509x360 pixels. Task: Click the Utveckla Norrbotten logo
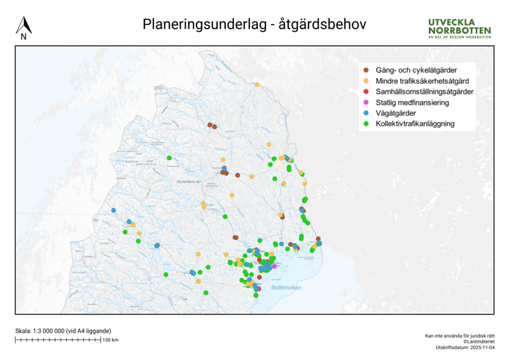point(459,29)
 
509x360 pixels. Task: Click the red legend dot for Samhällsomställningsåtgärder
point(365,92)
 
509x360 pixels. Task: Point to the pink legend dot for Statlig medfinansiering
point(365,102)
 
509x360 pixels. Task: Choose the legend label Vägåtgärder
point(396,113)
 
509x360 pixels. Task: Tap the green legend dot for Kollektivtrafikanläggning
point(365,124)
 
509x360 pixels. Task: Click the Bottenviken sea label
point(286,288)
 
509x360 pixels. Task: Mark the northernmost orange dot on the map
point(256,85)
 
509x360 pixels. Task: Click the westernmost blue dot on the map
point(113,210)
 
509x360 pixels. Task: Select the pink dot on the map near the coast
point(274,266)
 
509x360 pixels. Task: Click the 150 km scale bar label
point(110,340)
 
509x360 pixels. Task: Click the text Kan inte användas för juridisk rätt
point(459,335)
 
